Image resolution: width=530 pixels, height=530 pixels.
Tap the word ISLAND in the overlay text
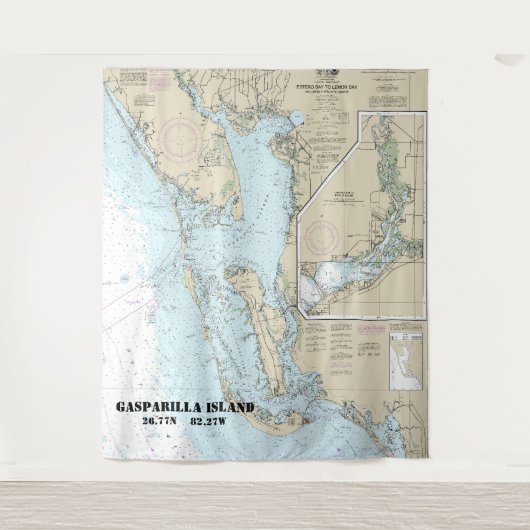(227, 408)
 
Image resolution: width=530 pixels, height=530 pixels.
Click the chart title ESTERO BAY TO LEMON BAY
(323, 88)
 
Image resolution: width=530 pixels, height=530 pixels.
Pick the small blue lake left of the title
(295, 118)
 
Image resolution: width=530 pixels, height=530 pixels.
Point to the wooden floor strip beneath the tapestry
(265, 505)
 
